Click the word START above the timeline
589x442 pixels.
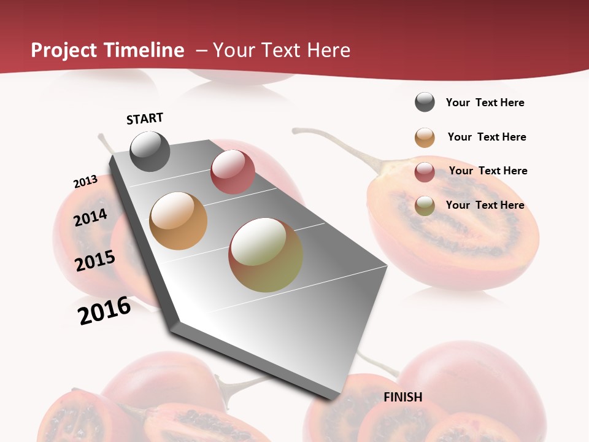point(145,118)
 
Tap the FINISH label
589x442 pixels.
point(403,397)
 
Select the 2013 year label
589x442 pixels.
point(85,182)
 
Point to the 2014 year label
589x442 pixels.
point(91,217)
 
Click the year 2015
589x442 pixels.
point(95,261)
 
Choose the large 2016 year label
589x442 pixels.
point(104,311)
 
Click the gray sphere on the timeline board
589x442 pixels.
point(150,151)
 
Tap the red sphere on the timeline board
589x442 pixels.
point(233,172)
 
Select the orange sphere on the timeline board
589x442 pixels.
point(179,221)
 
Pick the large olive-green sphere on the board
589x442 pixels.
point(266,255)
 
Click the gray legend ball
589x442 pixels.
point(425,102)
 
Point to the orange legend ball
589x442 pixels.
point(425,138)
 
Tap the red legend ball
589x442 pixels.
point(425,172)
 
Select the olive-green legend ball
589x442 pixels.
point(425,206)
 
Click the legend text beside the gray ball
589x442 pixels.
point(485,103)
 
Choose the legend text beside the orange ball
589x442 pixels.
point(487,137)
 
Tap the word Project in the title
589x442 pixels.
point(64,50)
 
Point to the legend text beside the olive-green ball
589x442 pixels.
point(485,205)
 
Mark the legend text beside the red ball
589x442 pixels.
point(488,171)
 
